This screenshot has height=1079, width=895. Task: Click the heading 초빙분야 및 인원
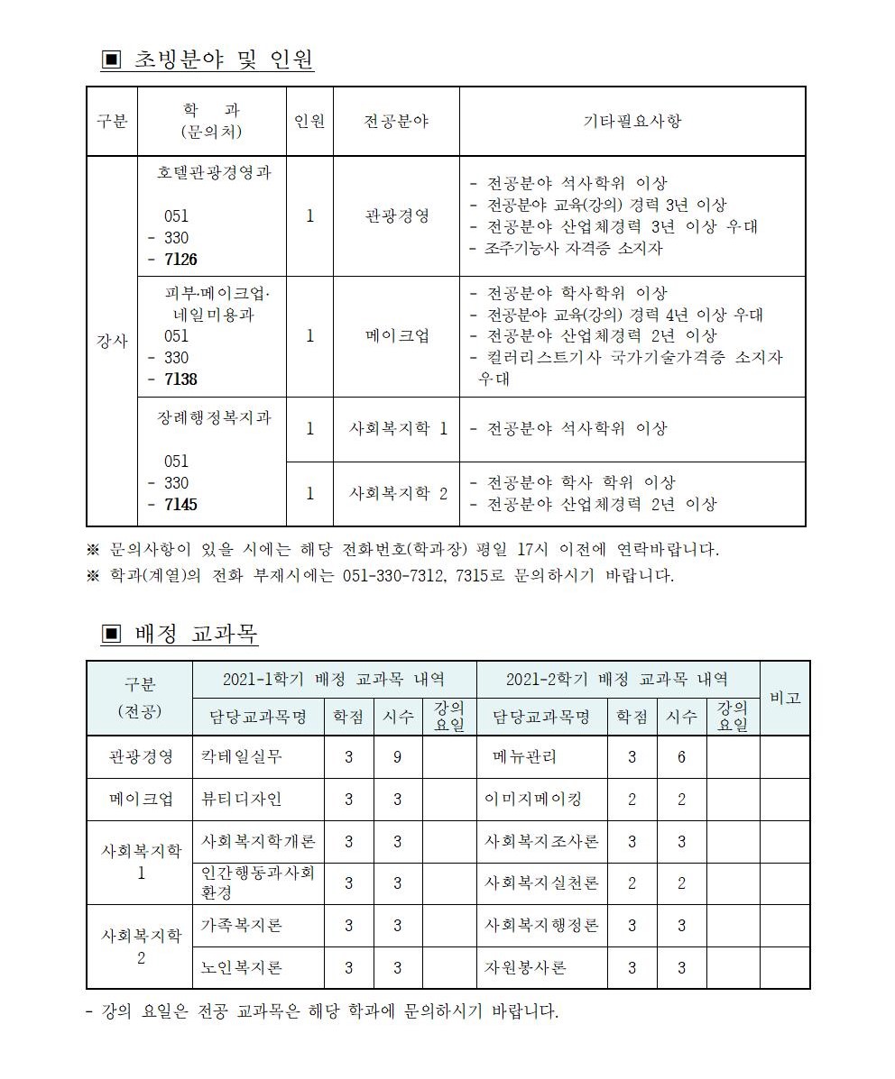point(223,60)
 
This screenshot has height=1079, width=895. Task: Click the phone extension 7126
point(180,260)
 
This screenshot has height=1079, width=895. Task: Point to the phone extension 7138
point(180,379)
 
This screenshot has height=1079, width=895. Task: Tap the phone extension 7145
point(180,505)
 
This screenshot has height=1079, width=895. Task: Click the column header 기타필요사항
point(632,122)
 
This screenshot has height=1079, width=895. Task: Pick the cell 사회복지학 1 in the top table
point(398,429)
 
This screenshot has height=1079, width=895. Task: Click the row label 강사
point(112,343)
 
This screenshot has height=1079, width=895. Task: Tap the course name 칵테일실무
point(242,756)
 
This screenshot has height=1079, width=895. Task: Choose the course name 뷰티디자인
point(242,799)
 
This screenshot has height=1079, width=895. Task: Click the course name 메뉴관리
point(524,757)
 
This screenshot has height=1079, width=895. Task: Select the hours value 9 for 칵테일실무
point(397,757)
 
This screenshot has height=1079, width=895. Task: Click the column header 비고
point(784,698)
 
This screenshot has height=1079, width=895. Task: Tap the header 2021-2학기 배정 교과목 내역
point(617,679)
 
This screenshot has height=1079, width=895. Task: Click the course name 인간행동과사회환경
point(258,882)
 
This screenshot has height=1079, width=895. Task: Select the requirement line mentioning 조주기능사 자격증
point(566,248)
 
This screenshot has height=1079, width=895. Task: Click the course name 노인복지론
point(242,968)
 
